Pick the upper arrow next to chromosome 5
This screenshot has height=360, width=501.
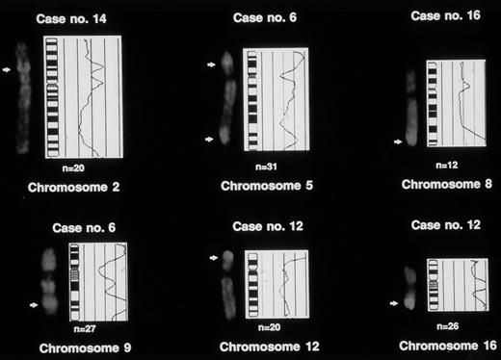(x=212, y=64)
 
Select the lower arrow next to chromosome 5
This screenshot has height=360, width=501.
(x=211, y=139)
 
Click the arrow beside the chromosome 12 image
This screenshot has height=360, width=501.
(x=213, y=258)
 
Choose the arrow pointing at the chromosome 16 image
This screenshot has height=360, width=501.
(x=395, y=302)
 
